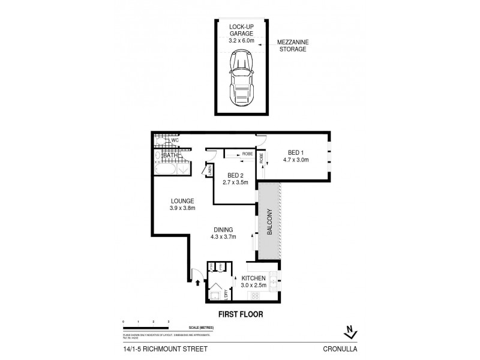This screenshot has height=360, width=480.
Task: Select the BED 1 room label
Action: coord(295,153)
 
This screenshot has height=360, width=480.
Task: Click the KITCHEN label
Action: coord(254,278)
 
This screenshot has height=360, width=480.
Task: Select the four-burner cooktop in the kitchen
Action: coord(254,295)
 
